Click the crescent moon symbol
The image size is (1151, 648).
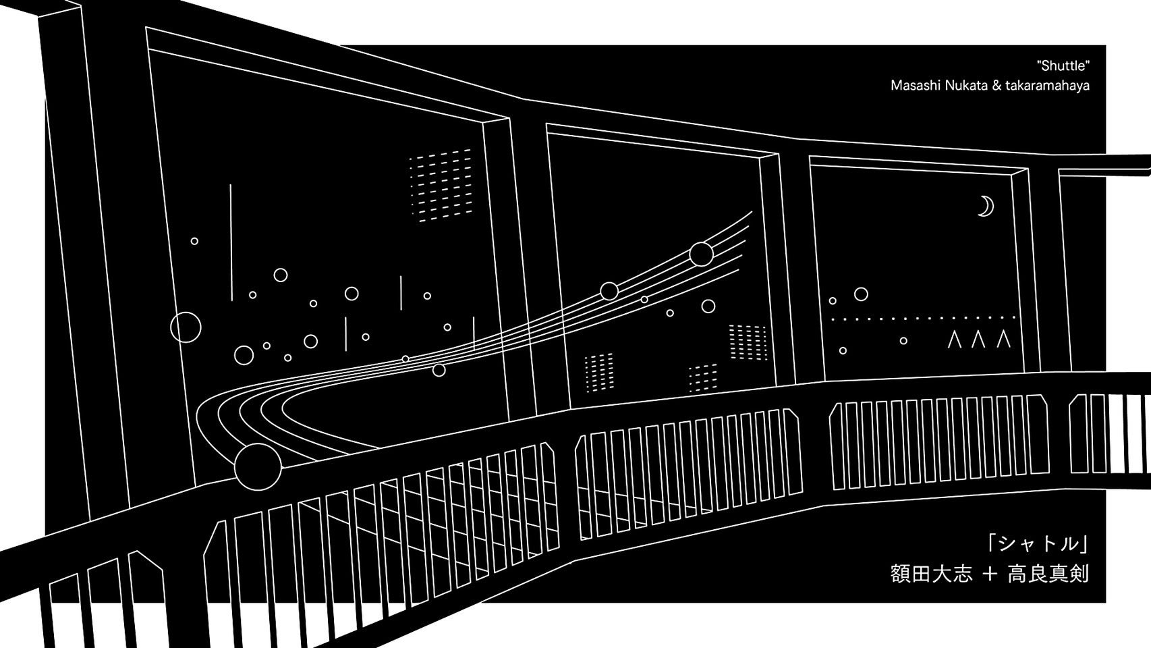(986, 206)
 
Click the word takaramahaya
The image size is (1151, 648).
(1050, 86)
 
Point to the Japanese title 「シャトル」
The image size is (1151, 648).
(1036, 543)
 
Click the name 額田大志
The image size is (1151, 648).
(932, 575)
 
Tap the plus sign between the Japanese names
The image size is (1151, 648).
(990, 575)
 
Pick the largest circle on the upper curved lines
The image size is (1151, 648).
(701, 254)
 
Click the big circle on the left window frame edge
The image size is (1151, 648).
(186, 327)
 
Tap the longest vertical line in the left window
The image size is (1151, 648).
(231, 242)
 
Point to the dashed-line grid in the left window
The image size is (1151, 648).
(440, 185)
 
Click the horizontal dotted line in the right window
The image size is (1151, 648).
(923, 317)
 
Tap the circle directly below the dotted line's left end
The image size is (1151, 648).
(843, 350)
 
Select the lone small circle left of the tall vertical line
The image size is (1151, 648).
(194, 241)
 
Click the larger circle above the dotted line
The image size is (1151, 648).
(861, 294)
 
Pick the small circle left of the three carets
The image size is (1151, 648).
(904, 341)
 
